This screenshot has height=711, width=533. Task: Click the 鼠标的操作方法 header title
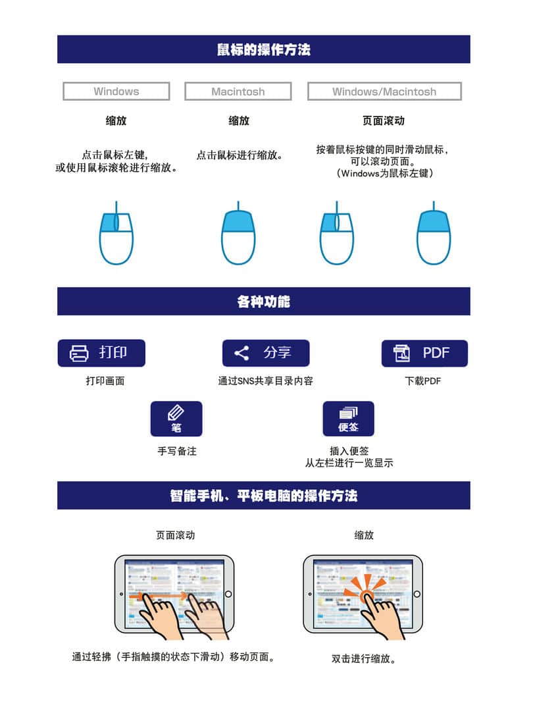pos(263,49)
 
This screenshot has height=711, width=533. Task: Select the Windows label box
pos(116,91)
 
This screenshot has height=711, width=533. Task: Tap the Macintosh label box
pos(238,91)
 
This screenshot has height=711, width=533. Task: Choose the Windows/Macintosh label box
pos(384,91)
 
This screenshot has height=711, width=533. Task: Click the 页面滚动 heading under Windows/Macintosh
pos(384,120)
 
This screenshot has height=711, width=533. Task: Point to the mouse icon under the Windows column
pos(116,233)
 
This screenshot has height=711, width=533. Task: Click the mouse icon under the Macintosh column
pos(238,233)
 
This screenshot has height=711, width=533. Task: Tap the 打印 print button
pos(101,353)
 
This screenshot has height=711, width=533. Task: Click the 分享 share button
pos(266,353)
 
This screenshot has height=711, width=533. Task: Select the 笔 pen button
pos(176,419)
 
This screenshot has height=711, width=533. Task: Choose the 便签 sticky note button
pos(349,419)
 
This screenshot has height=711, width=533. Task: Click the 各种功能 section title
pos(263,302)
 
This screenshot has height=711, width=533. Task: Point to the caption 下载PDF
pos(423,381)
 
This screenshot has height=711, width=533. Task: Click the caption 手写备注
pos(177,451)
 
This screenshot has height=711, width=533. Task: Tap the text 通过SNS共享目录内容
pos(266,381)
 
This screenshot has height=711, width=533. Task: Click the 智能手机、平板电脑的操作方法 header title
pos(263,496)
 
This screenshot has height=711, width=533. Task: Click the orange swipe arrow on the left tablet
pos(158,596)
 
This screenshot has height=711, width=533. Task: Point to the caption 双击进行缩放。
pos(364,659)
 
